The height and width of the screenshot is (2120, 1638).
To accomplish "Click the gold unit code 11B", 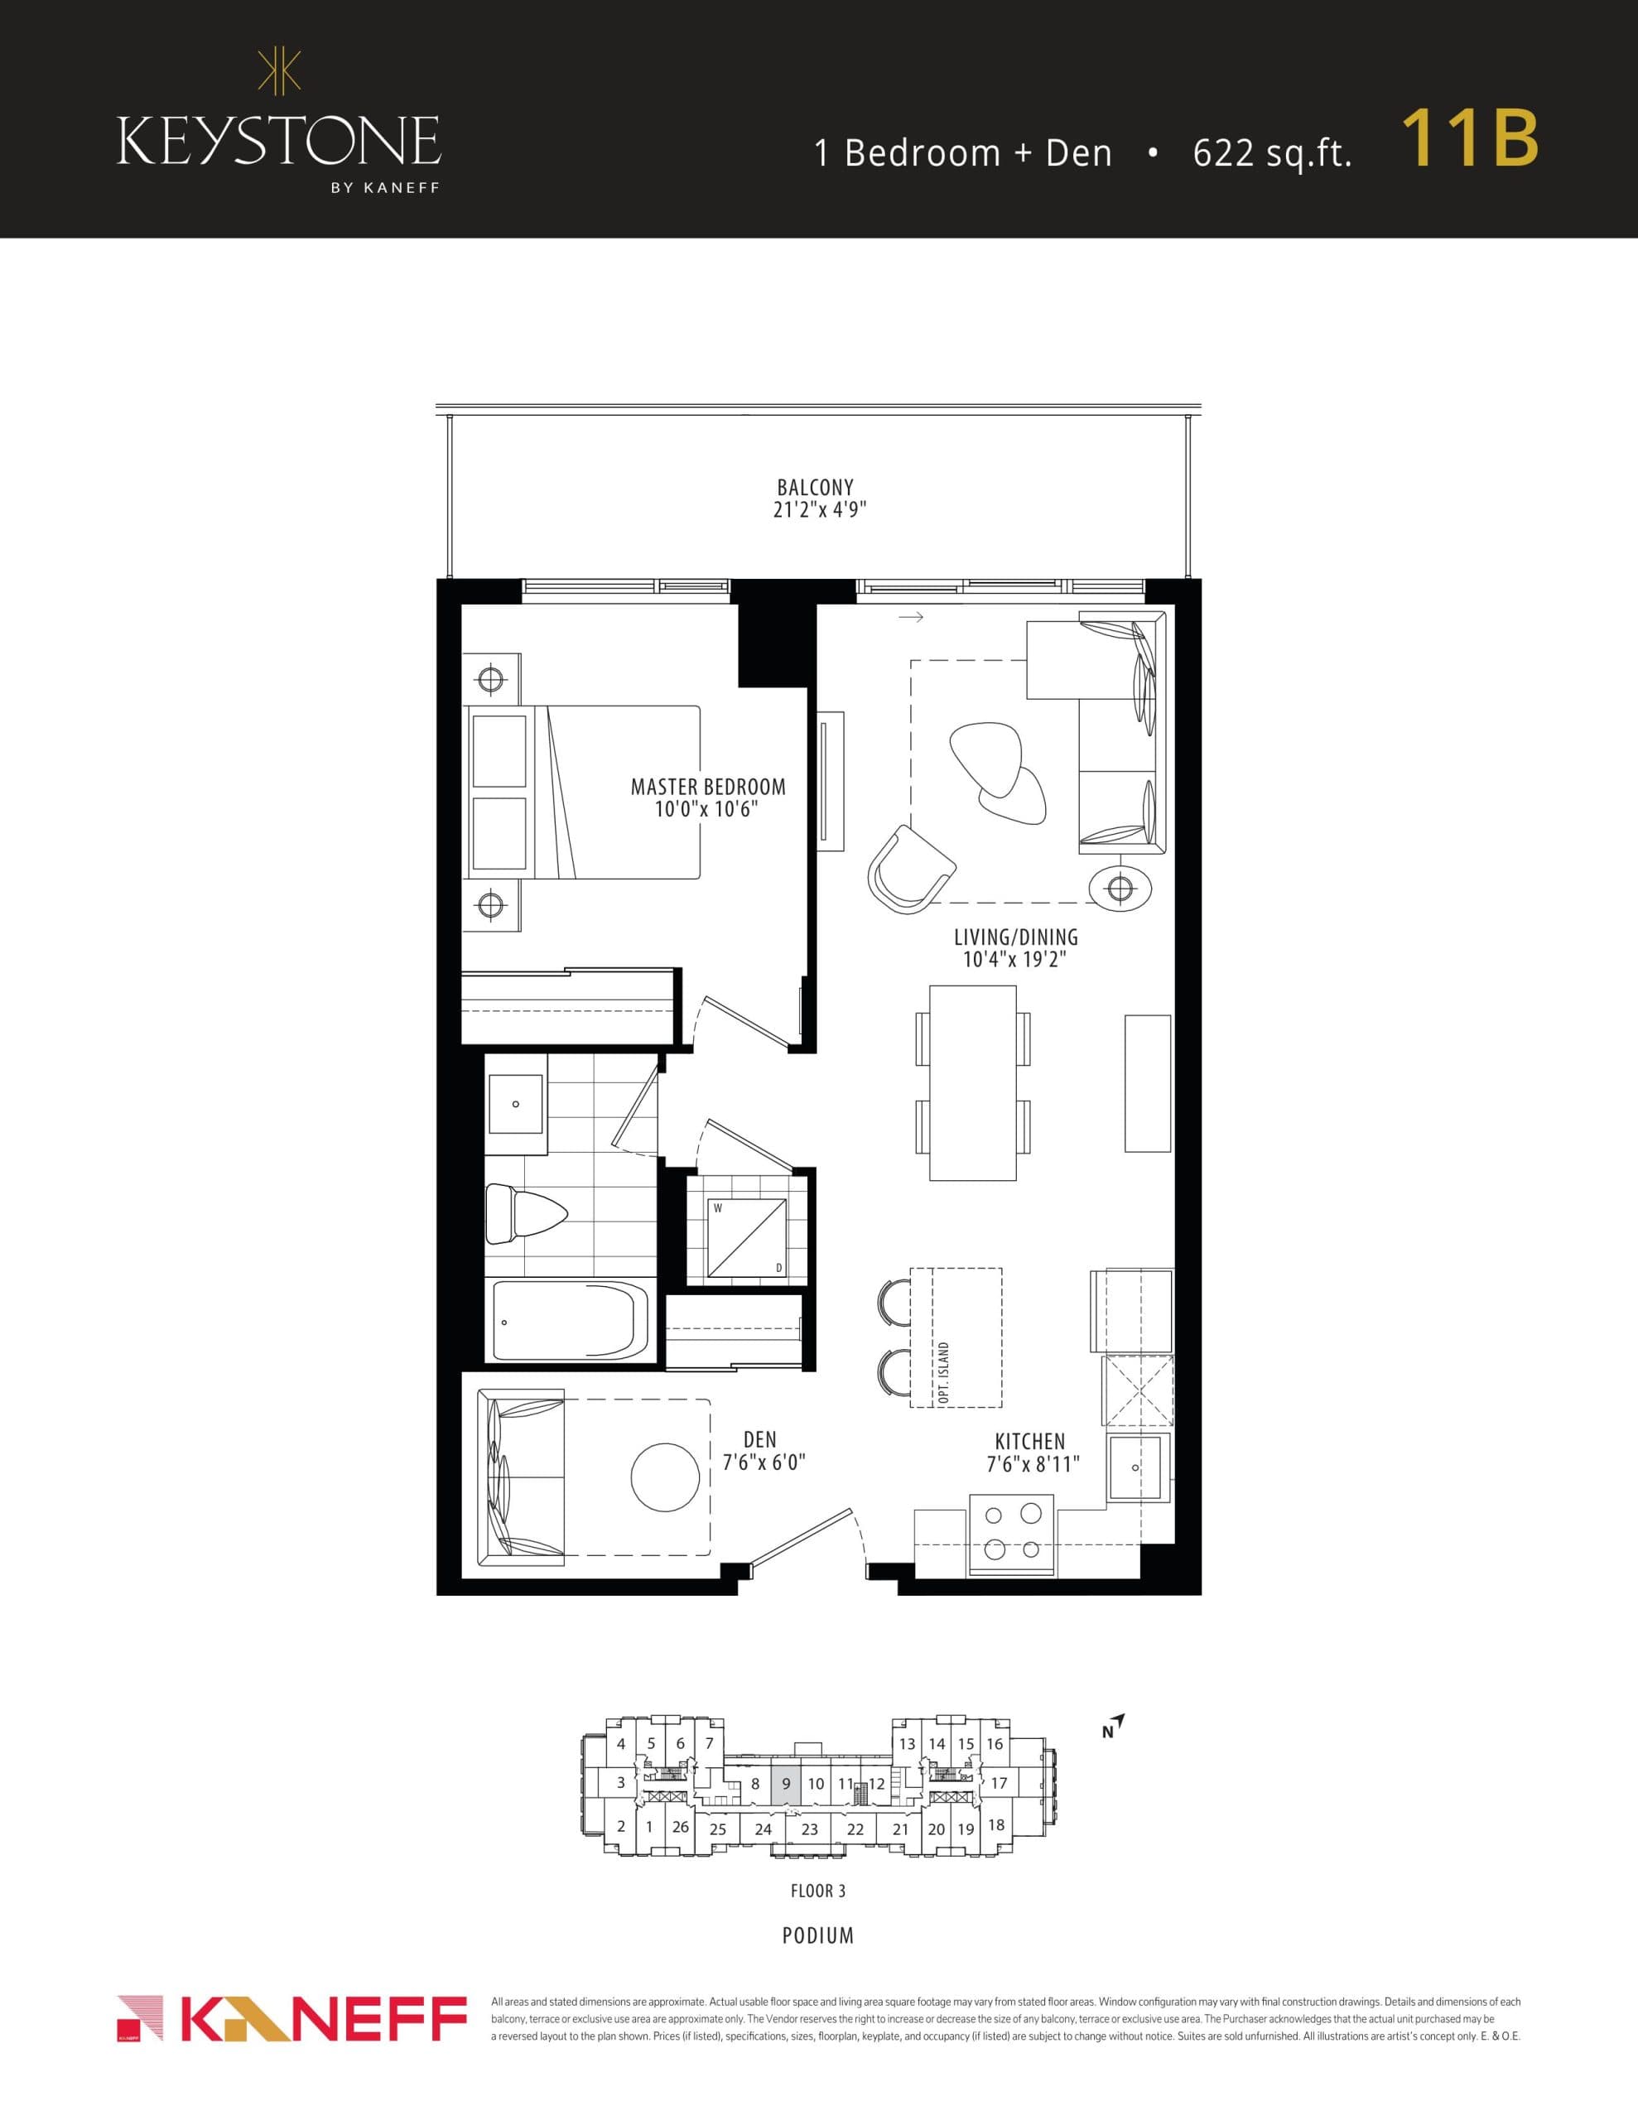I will pyautogui.click(x=1469, y=139).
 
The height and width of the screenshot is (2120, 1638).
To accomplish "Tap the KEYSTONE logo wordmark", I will pyautogui.click(x=279, y=141).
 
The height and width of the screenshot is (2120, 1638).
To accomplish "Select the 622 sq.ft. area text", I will pyautogui.click(x=1272, y=153).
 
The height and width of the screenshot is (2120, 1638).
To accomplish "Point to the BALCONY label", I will pyautogui.click(x=815, y=487).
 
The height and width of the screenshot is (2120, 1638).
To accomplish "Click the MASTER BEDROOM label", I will pyautogui.click(x=708, y=786).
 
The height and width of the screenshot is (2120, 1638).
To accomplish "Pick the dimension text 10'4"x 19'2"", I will pyautogui.click(x=1014, y=960).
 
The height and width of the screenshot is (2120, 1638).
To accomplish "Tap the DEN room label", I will pyautogui.click(x=759, y=1439).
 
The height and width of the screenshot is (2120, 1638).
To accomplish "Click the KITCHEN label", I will pyautogui.click(x=1029, y=1442).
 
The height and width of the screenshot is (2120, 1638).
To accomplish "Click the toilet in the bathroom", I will pyautogui.click(x=525, y=1213).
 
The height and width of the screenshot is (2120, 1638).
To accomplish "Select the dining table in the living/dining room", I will pyautogui.click(x=972, y=1082).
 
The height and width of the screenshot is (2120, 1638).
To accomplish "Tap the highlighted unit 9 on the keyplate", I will pyautogui.click(x=787, y=1783).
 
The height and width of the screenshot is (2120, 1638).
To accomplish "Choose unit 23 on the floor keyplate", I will pyautogui.click(x=809, y=1828).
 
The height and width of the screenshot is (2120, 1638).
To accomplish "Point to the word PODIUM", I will pyautogui.click(x=817, y=1935).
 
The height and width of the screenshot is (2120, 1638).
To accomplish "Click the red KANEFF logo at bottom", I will pyautogui.click(x=291, y=2020).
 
